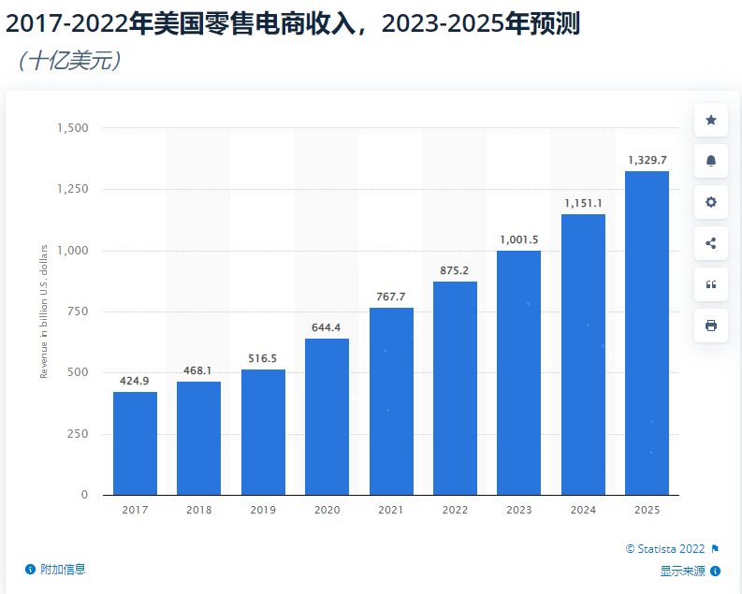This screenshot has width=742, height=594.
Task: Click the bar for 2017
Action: pyautogui.click(x=135, y=442)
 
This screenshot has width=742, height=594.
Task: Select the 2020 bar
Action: pyautogui.click(x=327, y=416)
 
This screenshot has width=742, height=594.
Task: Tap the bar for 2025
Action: pyautogui.click(x=647, y=332)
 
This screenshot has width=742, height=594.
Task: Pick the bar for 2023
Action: pyautogui.click(x=518, y=372)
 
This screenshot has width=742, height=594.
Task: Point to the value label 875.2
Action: pyautogui.click(x=455, y=270)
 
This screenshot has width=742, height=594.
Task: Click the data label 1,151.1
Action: pyautogui.click(x=583, y=203)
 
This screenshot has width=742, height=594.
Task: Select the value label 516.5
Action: pyautogui.click(x=263, y=358)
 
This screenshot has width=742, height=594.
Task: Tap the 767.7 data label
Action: pyautogui.click(x=391, y=297)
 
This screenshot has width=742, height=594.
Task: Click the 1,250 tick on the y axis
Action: pyautogui.click(x=72, y=189)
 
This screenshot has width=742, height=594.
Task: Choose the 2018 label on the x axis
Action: pyautogui.click(x=199, y=510)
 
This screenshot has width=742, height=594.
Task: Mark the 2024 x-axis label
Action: pyautogui.click(x=583, y=510)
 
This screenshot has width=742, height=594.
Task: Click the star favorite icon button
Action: pyautogui.click(x=710, y=120)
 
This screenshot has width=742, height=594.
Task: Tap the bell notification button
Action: pyautogui.click(x=710, y=161)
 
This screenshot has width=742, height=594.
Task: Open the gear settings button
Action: pyautogui.click(x=710, y=202)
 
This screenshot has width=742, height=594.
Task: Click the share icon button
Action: pyautogui.click(x=710, y=243)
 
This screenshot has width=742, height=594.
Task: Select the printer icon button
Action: pyautogui.click(x=710, y=326)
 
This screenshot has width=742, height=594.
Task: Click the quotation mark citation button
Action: pyautogui.click(x=710, y=284)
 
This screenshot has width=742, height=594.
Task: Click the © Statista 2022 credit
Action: pyautogui.click(x=666, y=549)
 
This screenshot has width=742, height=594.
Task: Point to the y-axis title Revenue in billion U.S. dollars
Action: pyautogui.click(x=43, y=311)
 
